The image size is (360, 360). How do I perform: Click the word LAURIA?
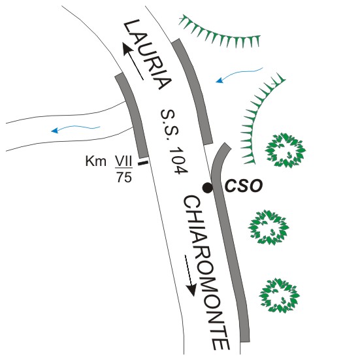click(x=148, y=54)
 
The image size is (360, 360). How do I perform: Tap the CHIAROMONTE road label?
click(x=206, y=273)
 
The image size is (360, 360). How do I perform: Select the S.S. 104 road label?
click(x=174, y=141)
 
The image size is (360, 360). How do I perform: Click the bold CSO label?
click(x=244, y=186)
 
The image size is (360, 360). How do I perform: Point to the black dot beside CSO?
click(x=208, y=188)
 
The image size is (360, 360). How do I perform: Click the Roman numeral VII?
click(x=123, y=161)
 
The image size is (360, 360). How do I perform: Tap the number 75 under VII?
click(x=124, y=177)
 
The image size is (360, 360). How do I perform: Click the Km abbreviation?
click(x=96, y=161)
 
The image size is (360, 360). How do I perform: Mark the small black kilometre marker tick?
click(x=143, y=163)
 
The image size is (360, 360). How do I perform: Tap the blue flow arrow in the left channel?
click(x=76, y=129)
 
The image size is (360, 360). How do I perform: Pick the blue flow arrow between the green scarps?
click(x=238, y=74)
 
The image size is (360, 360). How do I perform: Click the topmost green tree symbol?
click(x=286, y=150)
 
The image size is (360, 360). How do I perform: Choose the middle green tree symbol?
click(x=269, y=227)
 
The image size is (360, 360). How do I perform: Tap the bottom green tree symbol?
click(x=280, y=295)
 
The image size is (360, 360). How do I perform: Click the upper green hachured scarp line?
click(x=220, y=35)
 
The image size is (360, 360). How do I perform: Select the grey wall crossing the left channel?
click(x=132, y=115)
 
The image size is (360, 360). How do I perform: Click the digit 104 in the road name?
click(x=178, y=160)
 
